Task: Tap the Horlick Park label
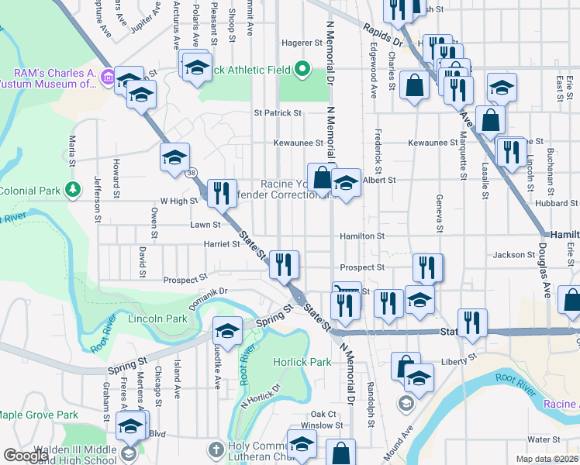pyautogui.click(x=302, y=362)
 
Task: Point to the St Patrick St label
pyautogui.click(x=278, y=112)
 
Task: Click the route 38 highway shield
pyautogui.click(x=192, y=174)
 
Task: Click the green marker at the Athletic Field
pyautogui.click(x=302, y=71)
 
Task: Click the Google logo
pyautogui.click(x=26, y=456)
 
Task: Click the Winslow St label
pyautogui.click(x=321, y=425)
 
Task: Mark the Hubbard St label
pyautogui.click(x=552, y=204)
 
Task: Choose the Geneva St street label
pyautogui.click(x=439, y=213)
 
